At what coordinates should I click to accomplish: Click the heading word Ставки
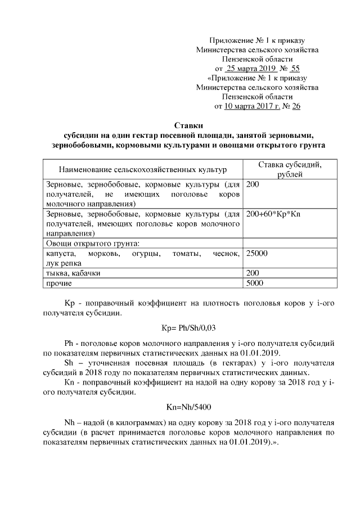click(x=187, y=125)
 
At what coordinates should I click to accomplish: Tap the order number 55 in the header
click(x=295, y=68)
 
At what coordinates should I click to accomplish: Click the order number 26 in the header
click(x=295, y=106)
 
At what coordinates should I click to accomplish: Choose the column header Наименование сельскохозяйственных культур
click(x=142, y=169)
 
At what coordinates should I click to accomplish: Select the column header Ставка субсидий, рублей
click(x=290, y=169)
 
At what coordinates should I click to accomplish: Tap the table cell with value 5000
click(x=255, y=283)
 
